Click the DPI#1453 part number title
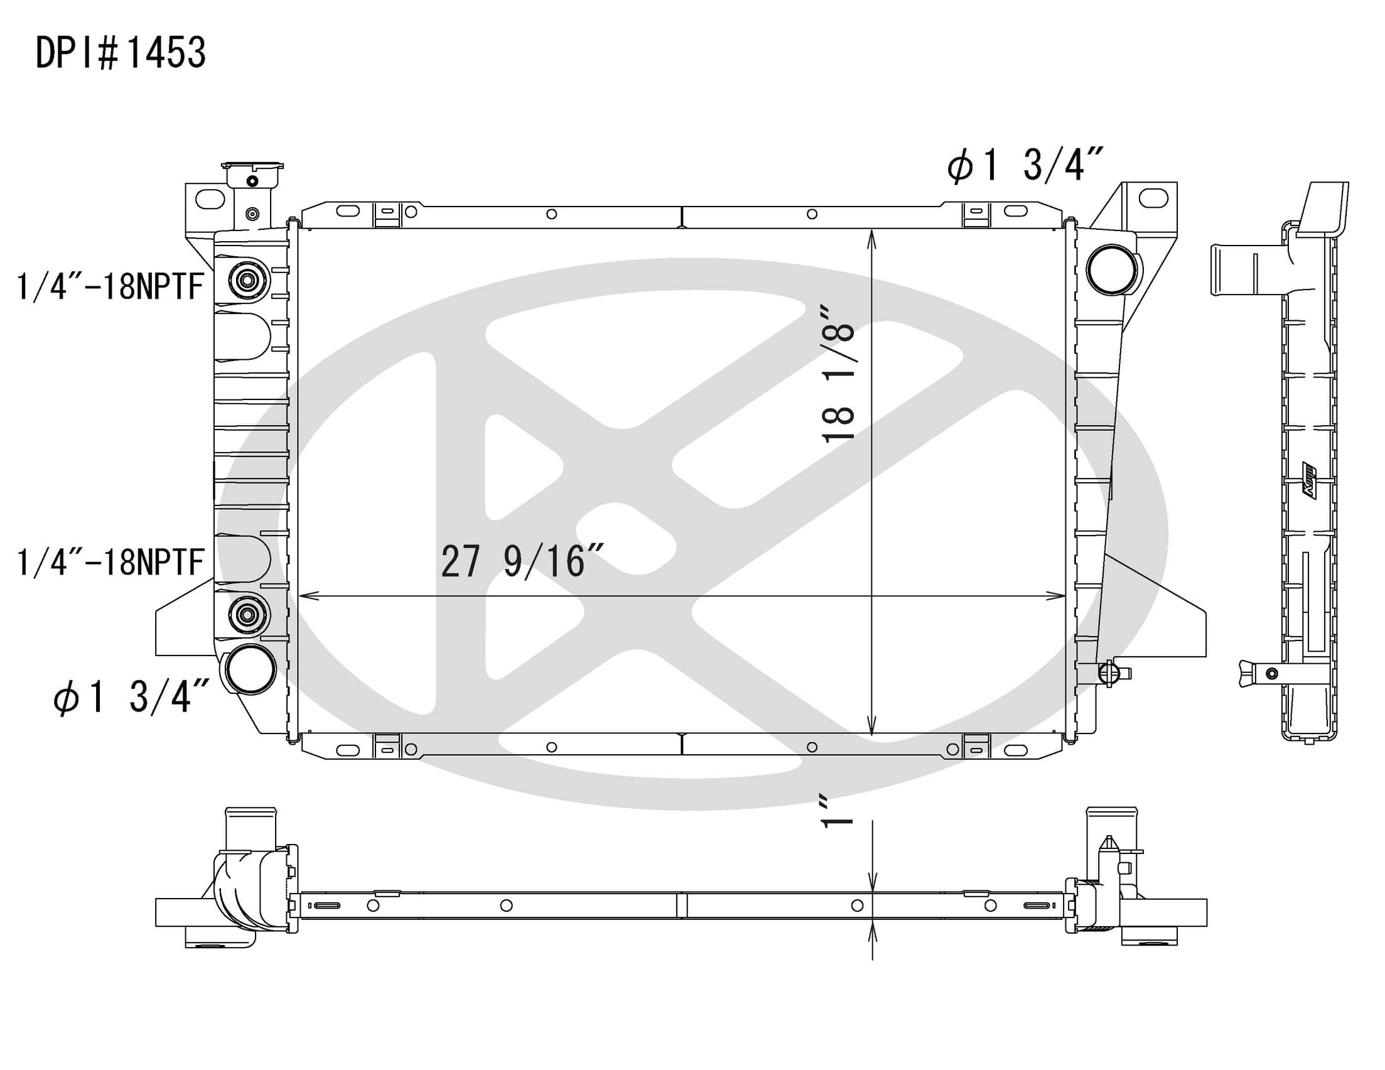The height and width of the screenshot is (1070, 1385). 121,53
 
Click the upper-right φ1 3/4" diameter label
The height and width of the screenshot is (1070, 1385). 1025,165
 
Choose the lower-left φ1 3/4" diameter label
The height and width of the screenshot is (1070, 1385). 131,696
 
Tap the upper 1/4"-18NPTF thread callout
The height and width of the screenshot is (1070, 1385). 109,286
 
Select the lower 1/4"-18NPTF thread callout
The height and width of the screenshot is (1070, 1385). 109,562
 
